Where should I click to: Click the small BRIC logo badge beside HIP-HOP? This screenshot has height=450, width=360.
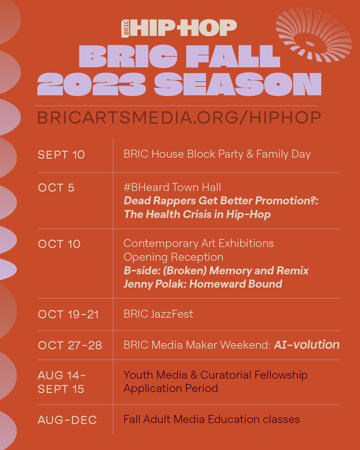(126, 29)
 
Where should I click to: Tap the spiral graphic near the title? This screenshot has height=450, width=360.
(314, 35)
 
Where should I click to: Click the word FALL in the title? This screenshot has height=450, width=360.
(233, 56)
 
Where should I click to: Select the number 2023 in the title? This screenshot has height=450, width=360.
(91, 84)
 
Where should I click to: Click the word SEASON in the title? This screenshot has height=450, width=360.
(238, 84)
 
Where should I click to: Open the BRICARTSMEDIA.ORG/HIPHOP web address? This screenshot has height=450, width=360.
(179, 118)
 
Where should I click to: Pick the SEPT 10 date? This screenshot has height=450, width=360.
(61, 155)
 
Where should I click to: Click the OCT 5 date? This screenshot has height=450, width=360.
(56, 188)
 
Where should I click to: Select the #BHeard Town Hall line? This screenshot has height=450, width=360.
(172, 187)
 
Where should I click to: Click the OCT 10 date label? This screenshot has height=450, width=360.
(59, 244)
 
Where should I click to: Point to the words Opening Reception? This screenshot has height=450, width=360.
(173, 257)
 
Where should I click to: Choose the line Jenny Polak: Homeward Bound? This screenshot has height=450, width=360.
(203, 284)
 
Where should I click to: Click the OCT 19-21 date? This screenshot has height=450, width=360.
(68, 314)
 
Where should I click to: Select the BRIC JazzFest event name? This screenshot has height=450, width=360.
(158, 314)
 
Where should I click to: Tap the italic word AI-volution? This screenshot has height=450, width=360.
(307, 345)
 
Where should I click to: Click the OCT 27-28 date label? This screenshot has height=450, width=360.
(70, 345)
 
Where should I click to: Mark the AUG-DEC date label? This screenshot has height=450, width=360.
(67, 420)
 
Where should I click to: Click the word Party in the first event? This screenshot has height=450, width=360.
(231, 154)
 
